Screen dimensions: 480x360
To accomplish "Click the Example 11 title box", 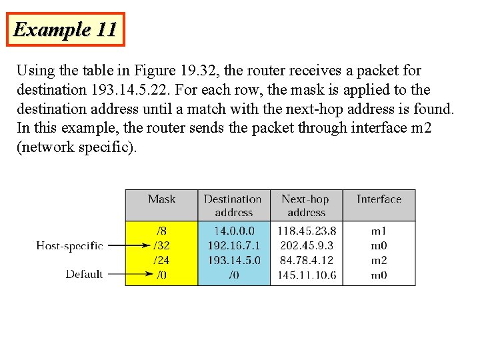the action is coord(65,29).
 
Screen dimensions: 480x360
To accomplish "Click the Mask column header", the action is coord(161,199).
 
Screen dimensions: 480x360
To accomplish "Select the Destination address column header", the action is coord(233,205).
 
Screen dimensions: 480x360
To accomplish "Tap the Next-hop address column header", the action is coord(305,205).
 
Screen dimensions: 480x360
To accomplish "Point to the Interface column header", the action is coord(379,199).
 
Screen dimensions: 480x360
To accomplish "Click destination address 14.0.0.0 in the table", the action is coord(234,231).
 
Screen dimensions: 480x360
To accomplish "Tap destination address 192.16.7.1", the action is coord(234,245).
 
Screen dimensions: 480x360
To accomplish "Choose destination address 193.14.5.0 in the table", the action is coord(234,260).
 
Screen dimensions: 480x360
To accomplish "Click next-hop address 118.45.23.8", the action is coord(306,231).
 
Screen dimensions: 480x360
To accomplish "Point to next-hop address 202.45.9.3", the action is coord(306,245).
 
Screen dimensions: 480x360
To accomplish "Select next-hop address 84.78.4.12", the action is coord(306,260).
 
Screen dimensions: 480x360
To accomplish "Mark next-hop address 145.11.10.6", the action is coord(306,275).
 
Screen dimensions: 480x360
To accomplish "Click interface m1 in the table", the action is coord(379,231).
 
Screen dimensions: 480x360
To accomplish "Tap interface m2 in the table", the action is coord(379,260).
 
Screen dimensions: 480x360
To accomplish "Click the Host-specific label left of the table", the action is coord(69,245).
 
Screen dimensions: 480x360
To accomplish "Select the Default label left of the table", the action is coord(84,274).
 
